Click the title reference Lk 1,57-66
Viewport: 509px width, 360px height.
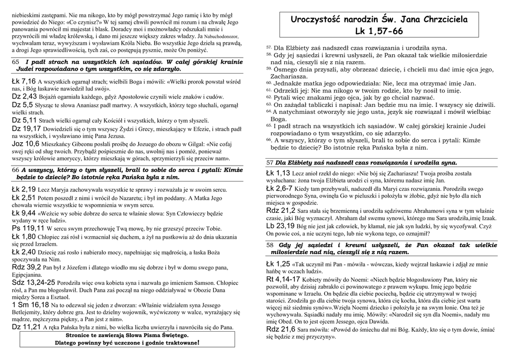coord(379,31)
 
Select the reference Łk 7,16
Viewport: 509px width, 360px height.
coord(23,81)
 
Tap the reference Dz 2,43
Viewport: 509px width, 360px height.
coord(24,96)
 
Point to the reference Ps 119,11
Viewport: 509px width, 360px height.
coord(25,228)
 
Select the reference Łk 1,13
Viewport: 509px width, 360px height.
coord(278,173)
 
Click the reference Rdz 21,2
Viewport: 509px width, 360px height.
coord(281,211)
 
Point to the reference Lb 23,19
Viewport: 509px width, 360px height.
coord(280,226)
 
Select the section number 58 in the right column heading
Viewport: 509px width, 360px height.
coord(270,245)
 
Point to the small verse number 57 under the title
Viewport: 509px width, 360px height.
coord(268,47)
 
